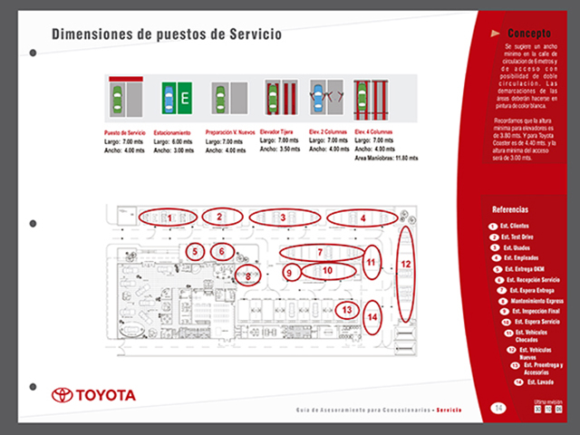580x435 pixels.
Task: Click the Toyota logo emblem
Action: pos(63,395)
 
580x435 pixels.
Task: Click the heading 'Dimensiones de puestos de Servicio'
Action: pos(166,34)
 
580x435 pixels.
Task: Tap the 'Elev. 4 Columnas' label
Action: pos(373,132)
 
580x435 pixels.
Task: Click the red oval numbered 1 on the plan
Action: pos(169,217)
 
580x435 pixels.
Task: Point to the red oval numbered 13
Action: pos(346,309)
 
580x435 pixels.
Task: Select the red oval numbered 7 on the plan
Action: pos(320,251)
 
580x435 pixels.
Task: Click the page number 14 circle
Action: pos(498,409)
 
